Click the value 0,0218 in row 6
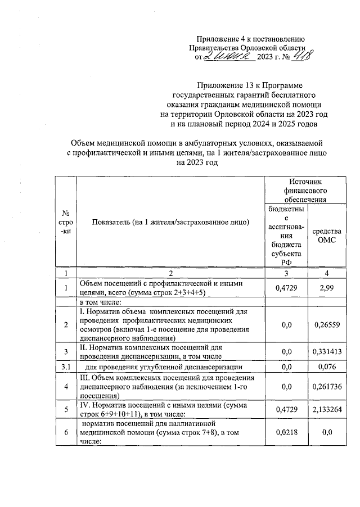pos(287,433)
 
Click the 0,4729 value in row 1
pos(287,288)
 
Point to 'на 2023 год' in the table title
pos(196,162)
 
